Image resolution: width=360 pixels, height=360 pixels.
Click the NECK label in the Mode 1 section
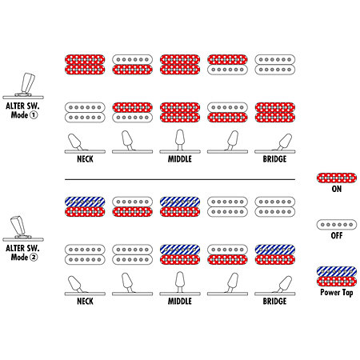point(85,159)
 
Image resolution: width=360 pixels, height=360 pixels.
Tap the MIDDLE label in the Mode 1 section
point(180,159)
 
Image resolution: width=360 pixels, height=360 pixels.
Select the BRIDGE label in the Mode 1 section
point(274,159)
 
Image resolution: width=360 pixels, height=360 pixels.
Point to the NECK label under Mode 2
point(85,301)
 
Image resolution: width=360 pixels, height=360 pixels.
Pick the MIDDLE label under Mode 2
point(180,301)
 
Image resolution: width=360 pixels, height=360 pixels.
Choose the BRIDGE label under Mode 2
point(274,301)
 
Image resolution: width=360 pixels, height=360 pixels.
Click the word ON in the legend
point(337,189)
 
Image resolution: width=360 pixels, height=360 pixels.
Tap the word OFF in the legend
point(337,235)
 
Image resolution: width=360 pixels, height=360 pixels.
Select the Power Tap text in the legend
point(337,292)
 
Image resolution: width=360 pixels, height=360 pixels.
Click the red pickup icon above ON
point(337,178)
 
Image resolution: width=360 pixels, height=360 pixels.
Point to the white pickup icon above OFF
point(337,225)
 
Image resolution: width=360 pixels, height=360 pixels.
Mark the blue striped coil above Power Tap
point(337,271)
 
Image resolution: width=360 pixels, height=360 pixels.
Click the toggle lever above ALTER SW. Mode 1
point(27,83)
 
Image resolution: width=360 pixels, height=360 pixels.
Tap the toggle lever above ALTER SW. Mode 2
point(18,226)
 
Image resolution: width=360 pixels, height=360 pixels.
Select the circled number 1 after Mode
point(34,115)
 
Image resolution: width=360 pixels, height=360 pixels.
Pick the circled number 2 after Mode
point(34,258)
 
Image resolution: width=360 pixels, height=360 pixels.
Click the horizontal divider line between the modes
point(180,179)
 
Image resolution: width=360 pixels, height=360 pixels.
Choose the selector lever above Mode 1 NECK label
point(75,142)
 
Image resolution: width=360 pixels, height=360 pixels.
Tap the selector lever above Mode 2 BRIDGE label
point(284,284)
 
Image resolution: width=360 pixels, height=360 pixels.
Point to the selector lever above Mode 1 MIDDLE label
point(180,139)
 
